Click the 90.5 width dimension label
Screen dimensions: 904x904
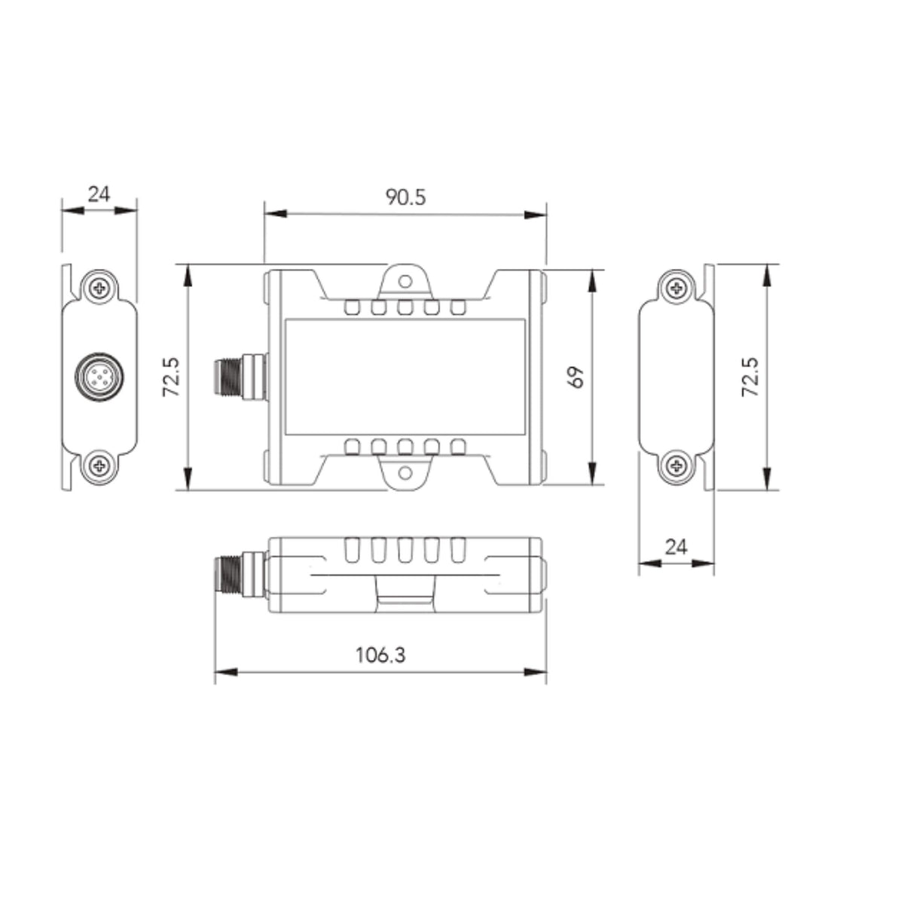(405, 197)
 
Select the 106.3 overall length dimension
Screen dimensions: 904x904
(380, 655)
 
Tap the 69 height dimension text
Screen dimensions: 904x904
(577, 377)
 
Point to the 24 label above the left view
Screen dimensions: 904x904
(99, 194)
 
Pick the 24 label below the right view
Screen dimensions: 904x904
(676, 546)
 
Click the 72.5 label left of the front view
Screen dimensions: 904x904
(170, 377)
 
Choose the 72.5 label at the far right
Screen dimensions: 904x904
(750, 377)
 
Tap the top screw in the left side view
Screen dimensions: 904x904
(99, 288)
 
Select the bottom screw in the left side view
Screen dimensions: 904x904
(99, 466)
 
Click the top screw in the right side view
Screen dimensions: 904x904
(676, 287)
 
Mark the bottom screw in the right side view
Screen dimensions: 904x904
(676, 466)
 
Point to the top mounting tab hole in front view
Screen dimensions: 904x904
(405, 281)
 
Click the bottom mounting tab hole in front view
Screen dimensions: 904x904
(405, 473)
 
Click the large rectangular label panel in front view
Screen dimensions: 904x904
(405, 377)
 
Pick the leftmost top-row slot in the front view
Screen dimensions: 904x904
(352, 307)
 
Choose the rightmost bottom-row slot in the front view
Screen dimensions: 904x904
(458, 447)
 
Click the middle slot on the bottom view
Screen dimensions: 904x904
(405, 551)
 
